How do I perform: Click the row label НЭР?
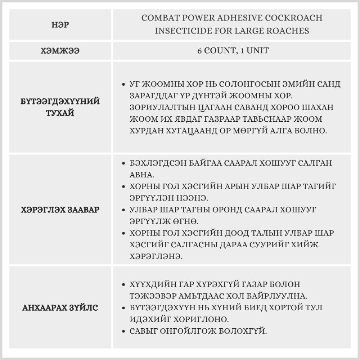[60, 25]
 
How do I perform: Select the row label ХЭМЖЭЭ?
[60, 51]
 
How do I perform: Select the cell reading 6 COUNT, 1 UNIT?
[233, 51]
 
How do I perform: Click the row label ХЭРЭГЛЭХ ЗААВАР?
[60, 210]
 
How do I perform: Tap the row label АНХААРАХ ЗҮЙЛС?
[60, 308]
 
